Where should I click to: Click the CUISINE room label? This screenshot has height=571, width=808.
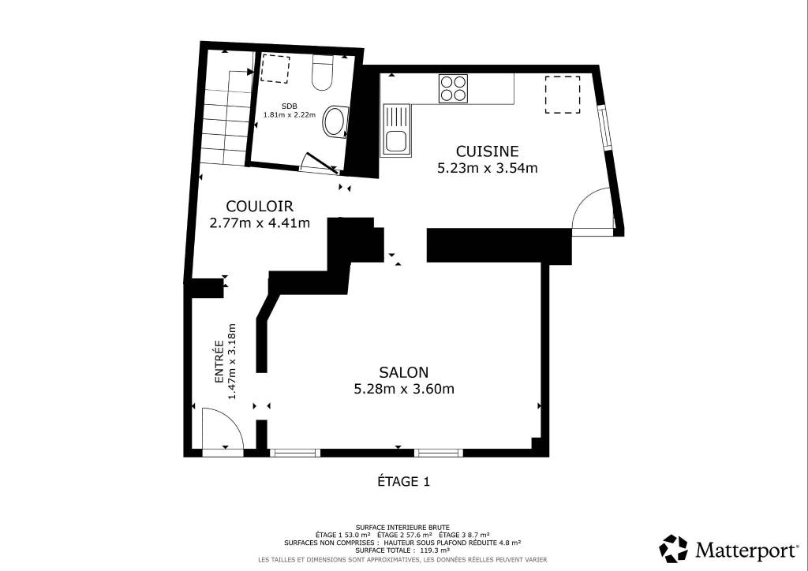(487, 151)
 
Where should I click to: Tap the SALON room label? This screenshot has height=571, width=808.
(403, 372)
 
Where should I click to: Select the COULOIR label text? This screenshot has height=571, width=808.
(260, 207)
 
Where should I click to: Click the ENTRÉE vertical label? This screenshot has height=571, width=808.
(219, 361)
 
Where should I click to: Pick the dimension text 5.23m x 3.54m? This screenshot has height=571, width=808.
(487, 168)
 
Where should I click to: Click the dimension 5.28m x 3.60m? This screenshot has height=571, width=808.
(404, 389)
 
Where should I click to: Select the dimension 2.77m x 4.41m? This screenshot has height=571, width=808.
(260, 223)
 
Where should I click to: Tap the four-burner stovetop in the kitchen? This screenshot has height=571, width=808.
(454, 88)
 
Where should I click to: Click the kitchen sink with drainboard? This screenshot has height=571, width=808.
(396, 130)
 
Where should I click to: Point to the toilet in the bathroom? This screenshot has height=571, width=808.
(323, 73)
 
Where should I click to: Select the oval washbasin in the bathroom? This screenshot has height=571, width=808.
(335, 122)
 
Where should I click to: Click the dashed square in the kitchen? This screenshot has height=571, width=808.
(563, 95)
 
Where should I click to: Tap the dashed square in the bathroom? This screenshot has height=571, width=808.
(275, 69)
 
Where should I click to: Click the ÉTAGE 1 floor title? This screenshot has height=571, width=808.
(403, 482)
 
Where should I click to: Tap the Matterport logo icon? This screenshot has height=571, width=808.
(674, 549)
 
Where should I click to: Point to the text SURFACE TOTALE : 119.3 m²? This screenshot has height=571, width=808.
(403, 550)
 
